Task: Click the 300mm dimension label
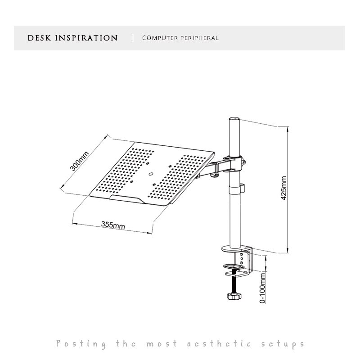(x=80, y=161)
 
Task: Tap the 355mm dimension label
(x=113, y=224)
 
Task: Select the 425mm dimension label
(x=283, y=189)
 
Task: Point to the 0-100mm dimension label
(x=262, y=287)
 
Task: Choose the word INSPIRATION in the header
(x=86, y=38)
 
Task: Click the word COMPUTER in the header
(x=160, y=38)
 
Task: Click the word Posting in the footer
(x=81, y=344)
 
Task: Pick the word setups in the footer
(x=283, y=344)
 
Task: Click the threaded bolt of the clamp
(x=234, y=283)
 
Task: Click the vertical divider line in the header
(x=133, y=38)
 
